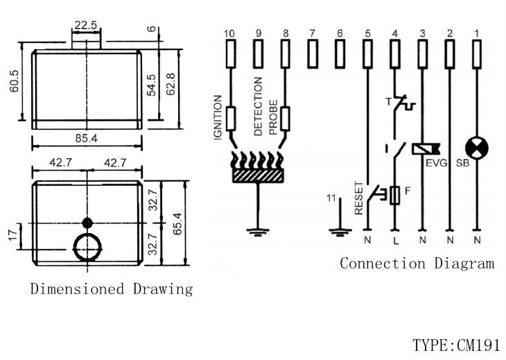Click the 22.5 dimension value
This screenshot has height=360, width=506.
click(x=85, y=25)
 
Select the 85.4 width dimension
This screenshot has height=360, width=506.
click(x=87, y=139)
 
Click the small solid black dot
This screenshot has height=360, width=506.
click(x=87, y=223)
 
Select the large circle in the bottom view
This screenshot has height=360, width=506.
click(x=88, y=246)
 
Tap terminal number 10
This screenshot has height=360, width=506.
click(x=230, y=33)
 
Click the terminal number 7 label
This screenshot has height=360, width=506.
click(x=313, y=33)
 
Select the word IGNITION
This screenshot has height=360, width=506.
click(x=217, y=117)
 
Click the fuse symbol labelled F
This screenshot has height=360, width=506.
click(x=395, y=196)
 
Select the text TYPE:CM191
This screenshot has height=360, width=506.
click(x=458, y=345)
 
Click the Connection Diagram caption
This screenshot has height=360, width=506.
click(x=417, y=263)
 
